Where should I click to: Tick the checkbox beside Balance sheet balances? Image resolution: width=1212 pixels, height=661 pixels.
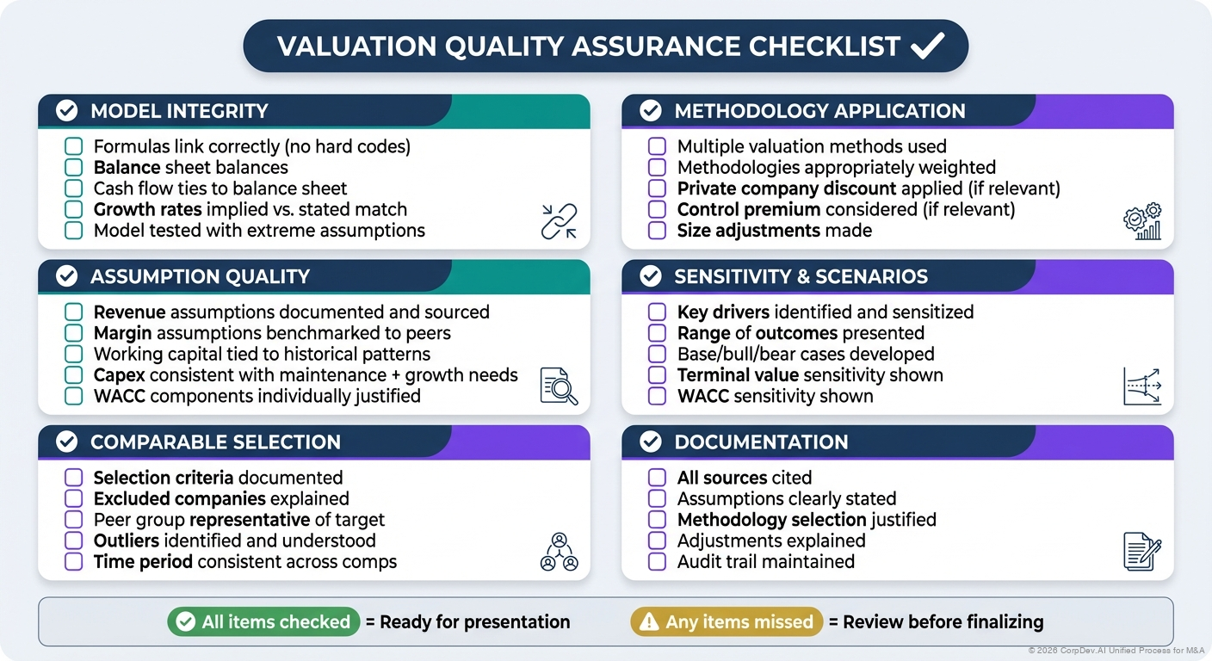(x=74, y=168)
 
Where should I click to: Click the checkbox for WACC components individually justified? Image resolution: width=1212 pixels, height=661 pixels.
(x=74, y=397)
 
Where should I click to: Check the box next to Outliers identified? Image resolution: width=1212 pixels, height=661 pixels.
(x=74, y=541)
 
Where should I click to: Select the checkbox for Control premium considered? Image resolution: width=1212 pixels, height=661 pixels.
(x=658, y=210)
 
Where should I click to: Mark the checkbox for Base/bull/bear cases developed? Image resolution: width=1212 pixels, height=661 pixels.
(x=658, y=355)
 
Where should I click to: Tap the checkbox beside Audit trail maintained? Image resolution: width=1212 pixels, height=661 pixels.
(x=658, y=562)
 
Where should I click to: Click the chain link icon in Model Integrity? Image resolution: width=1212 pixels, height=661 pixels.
(x=559, y=221)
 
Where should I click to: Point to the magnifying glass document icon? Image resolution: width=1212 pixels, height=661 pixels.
(x=559, y=386)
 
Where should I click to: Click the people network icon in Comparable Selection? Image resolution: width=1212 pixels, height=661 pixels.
(x=559, y=552)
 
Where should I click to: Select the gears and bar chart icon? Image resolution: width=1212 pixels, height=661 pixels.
(x=1142, y=221)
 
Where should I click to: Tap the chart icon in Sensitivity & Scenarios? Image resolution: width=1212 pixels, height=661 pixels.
(x=1142, y=386)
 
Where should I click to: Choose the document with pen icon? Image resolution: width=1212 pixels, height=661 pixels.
(x=1142, y=552)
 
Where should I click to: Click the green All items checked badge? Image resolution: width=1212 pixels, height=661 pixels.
(x=263, y=622)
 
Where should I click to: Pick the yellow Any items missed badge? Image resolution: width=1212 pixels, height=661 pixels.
(x=727, y=622)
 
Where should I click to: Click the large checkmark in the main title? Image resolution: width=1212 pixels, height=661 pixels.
(x=927, y=46)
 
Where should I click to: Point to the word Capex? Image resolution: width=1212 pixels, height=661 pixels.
(x=120, y=375)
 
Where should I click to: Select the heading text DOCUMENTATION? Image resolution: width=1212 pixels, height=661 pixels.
(x=761, y=442)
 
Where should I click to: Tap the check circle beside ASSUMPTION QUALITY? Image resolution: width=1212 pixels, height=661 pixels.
(x=66, y=276)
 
